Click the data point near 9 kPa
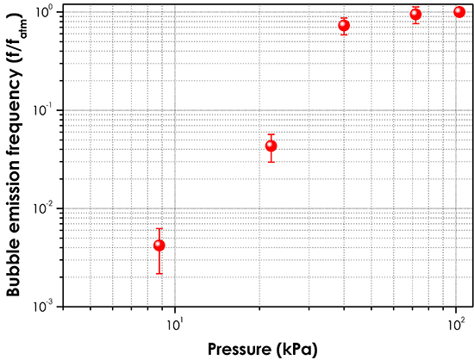[x=159, y=245]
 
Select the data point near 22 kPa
[x=271, y=146]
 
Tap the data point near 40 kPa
[x=344, y=25]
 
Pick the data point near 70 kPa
[x=415, y=14]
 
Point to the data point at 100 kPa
[x=459, y=12]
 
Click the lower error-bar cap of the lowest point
[x=159, y=273]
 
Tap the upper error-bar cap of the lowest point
[x=159, y=228]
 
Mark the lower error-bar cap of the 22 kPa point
[x=271, y=162]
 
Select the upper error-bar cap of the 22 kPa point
[x=271, y=134]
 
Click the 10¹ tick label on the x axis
[x=175, y=324]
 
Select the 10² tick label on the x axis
[x=455, y=324]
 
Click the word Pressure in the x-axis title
[x=237, y=349]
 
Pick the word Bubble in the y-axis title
[x=15, y=268]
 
